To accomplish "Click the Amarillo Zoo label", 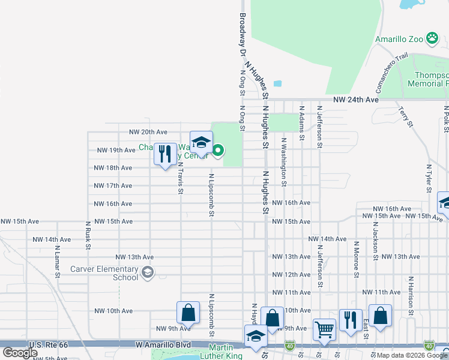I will [399, 39].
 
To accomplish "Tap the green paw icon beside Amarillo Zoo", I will [432, 39].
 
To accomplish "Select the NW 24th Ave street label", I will [357, 100].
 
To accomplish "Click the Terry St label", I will [406, 117].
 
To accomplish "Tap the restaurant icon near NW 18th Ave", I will [164, 154].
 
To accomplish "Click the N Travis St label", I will [180, 178].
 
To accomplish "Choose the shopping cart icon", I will [324, 329].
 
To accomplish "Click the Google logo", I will [20, 353].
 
